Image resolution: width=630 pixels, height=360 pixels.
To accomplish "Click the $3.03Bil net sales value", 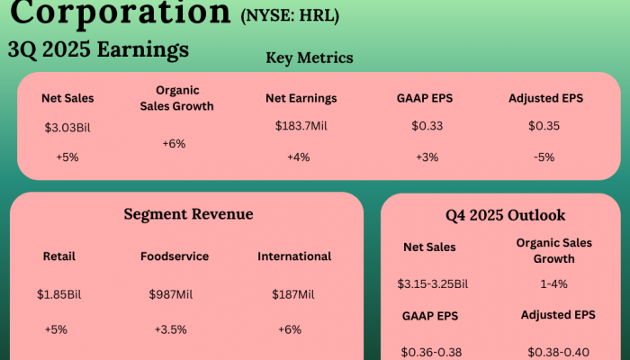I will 68,127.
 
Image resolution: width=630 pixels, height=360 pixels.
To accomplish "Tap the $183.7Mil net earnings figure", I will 300,126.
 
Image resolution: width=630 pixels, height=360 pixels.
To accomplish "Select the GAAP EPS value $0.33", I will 427,126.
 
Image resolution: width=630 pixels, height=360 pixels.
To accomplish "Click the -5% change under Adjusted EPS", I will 544,157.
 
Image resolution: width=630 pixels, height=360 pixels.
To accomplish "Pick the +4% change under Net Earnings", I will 299,157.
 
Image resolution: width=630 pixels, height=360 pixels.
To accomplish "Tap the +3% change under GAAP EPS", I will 426,157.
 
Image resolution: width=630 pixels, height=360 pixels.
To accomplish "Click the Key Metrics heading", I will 310,58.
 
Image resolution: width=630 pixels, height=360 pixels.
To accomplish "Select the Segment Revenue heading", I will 188,214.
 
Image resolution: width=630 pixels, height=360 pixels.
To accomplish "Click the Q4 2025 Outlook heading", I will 505,215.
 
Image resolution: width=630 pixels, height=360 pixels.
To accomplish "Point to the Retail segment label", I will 59,256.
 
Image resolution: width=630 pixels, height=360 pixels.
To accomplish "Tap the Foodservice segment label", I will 175,256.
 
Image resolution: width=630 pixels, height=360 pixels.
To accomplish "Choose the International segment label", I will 294,256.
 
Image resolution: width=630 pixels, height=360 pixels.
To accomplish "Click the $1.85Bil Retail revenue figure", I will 59,294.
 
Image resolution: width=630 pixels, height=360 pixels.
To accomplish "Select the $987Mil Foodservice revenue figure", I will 170,294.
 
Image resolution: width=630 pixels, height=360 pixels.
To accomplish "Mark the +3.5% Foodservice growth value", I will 170,328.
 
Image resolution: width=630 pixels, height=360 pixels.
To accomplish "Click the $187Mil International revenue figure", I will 293,294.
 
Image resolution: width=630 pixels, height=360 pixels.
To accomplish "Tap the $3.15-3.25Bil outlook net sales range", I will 432,283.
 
